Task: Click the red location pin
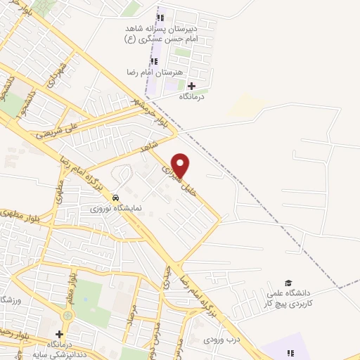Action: click(181, 166)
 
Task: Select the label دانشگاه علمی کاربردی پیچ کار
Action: click(288, 297)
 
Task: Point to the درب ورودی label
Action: click(218, 340)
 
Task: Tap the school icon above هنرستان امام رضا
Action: click(154, 61)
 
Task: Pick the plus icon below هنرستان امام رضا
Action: click(191, 85)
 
